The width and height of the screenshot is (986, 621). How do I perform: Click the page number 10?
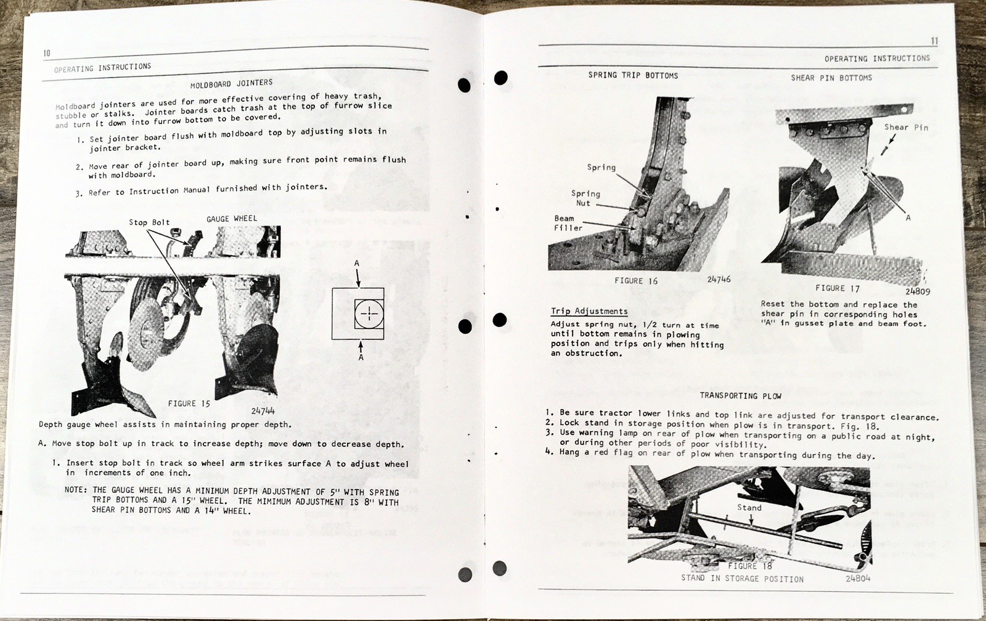click(x=47, y=54)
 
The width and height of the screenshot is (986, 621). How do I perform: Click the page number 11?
click(x=934, y=41)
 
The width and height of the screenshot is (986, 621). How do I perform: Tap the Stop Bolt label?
click(x=149, y=222)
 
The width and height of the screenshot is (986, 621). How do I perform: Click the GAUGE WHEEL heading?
click(x=232, y=219)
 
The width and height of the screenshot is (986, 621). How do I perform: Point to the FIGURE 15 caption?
click(x=189, y=404)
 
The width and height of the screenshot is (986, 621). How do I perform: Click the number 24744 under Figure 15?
click(x=263, y=410)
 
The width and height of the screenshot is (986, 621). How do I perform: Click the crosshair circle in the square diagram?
click(x=369, y=314)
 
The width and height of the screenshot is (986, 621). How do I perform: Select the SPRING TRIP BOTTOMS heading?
click(x=633, y=75)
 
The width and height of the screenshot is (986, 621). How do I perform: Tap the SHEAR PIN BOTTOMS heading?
click(x=831, y=78)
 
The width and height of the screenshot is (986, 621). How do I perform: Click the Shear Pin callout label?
click(x=906, y=128)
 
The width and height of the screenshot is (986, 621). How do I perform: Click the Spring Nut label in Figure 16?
click(x=585, y=198)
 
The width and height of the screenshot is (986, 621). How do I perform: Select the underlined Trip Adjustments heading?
click(x=589, y=311)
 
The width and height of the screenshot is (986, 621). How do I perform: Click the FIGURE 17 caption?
click(x=837, y=288)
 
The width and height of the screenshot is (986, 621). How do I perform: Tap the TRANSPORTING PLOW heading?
click(x=740, y=396)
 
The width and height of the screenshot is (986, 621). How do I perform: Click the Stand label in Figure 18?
click(x=749, y=508)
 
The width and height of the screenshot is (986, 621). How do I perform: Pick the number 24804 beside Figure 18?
click(x=858, y=578)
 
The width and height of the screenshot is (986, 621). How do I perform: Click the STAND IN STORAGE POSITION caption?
click(x=742, y=578)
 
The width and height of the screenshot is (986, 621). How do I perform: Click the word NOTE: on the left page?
click(x=76, y=490)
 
